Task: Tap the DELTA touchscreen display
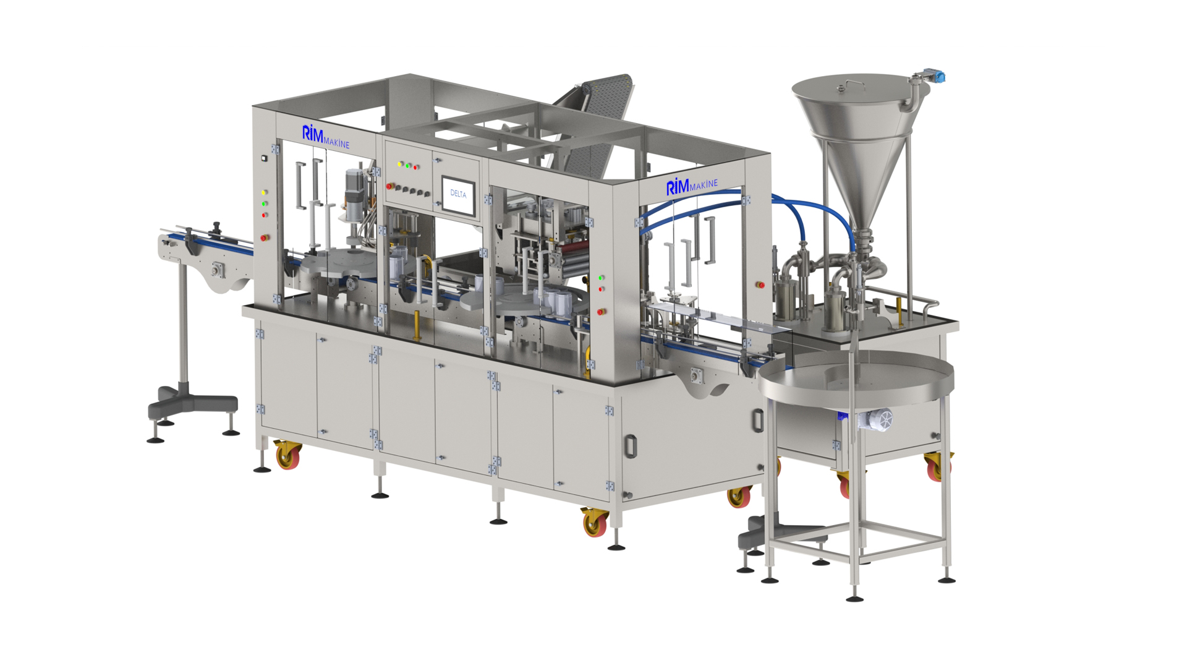[x=458, y=196]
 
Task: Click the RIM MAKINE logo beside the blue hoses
[x=692, y=186]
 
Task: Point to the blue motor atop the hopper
[x=935, y=77]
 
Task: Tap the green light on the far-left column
[x=265, y=203]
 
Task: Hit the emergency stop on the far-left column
[x=265, y=237]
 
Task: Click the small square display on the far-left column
[x=264, y=158]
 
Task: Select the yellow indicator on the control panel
[x=400, y=164]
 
